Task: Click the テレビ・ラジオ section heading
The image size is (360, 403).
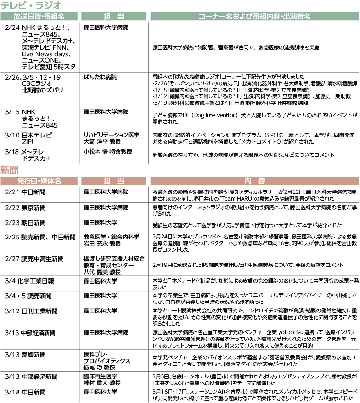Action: [31, 6]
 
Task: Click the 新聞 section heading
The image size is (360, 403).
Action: [9, 169]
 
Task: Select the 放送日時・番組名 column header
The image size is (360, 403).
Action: [39, 17]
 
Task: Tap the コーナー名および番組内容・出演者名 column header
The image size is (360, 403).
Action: [254, 17]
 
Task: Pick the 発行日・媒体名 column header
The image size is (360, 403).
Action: [39, 181]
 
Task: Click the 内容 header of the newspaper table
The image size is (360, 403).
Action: [254, 181]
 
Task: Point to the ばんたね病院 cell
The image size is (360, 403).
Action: [100, 77]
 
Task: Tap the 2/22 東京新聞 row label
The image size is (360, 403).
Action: [26, 208]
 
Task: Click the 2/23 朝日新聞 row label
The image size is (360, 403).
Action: [26, 222]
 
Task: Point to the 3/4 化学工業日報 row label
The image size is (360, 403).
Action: [29, 281]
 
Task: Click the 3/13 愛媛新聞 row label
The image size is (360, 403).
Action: [26, 354]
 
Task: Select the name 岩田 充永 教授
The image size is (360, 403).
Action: [102, 244]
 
